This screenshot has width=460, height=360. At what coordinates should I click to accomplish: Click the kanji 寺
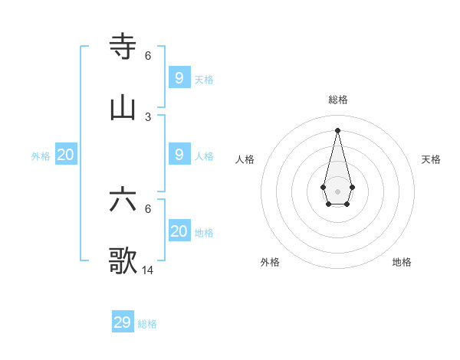pos(123,47)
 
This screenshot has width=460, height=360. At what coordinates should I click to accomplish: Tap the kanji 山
pos(123,108)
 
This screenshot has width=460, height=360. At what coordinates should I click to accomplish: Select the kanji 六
pos(123,200)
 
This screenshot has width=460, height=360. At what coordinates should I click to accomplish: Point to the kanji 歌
pos(123,261)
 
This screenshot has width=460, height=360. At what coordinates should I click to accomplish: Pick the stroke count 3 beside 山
pos(148,116)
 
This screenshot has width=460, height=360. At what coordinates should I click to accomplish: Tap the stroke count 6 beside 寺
pos(148,55)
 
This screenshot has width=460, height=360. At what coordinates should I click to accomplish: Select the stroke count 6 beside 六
pos(148,208)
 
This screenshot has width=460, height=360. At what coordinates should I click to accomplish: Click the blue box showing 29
pos(123,322)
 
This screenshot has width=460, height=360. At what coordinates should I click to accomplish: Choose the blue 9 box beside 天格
pos(179,78)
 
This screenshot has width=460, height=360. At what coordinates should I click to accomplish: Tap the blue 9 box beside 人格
pos(179,155)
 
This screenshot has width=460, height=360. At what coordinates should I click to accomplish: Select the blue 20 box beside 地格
pos(179,231)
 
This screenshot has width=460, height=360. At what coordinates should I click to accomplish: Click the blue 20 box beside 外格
pos(66,155)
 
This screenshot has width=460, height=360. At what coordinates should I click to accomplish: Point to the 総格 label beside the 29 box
pos(147,324)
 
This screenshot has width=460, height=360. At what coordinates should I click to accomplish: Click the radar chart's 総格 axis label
pos(338,100)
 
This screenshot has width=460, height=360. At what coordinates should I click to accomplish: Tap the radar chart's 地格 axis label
pos(402,262)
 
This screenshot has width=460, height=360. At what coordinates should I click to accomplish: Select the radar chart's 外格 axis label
pos(270,262)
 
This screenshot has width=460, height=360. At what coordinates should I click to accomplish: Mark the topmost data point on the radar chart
pos(338,129)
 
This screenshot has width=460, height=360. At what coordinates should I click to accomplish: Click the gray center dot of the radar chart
pos(338,191)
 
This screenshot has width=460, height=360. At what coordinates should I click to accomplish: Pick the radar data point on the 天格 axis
pos(352,187)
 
